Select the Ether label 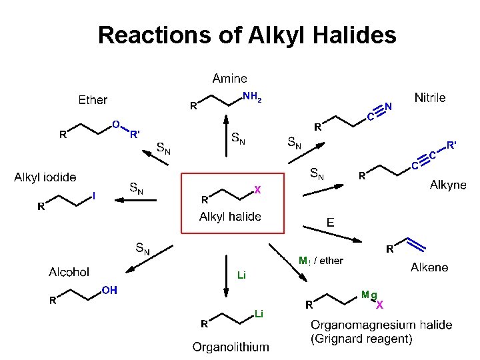coord(93,100)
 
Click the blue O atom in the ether coord(115,124)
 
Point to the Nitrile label coord(430,98)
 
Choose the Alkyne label coord(448,185)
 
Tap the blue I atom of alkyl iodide coord(94,196)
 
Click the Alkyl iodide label coord(45,177)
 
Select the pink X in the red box coord(257,190)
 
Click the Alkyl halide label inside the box coord(230,217)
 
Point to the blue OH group coord(109,290)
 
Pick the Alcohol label coord(69,272)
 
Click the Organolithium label coord(231,347)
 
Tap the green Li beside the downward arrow coord(242,275)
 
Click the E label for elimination coord(330,222)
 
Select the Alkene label coord(429,267)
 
